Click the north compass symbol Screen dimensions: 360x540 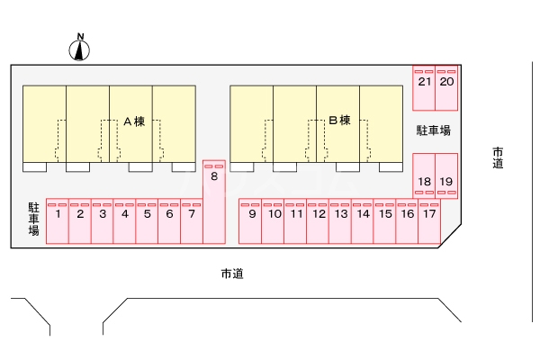(81, 49)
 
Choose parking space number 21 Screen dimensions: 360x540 (424, 88)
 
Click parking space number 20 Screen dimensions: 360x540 (446, 88)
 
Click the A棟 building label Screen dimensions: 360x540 (133, 121)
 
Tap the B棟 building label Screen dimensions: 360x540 (338, 121)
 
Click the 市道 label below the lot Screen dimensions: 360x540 (231, 274)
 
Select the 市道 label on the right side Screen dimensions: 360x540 (498, 157)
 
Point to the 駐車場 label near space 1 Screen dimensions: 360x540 (33, 219)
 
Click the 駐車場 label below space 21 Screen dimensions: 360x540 (433, 130)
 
